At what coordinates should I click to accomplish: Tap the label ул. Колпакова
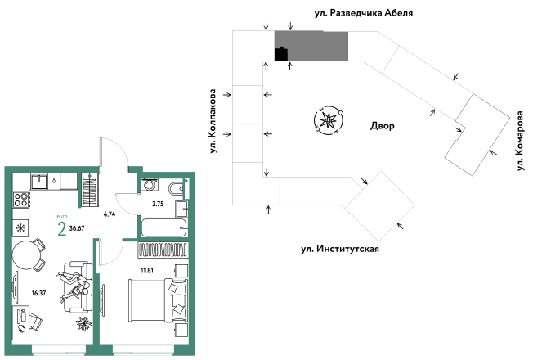(x=213, y=121)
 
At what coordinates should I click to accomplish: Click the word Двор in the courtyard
(x=383, y=127)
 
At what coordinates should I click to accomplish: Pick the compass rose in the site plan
(x=328, y=121)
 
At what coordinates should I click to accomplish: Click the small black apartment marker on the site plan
(x=281, y=55)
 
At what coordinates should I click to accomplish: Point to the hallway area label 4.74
(x=109, y=214)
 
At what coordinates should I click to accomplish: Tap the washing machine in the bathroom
(x=149, y=185)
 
